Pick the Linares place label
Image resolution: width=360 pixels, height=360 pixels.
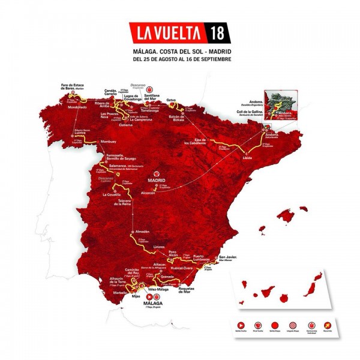click(158, 246)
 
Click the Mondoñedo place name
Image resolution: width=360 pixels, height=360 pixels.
click(73, 107)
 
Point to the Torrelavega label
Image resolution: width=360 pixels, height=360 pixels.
click(151, 112)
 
